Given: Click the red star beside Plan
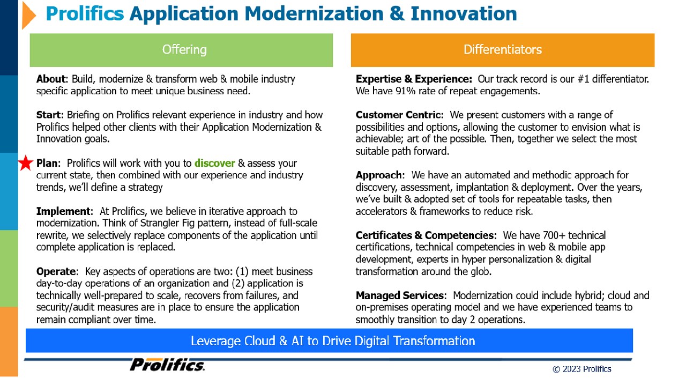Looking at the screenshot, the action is click(26, 164).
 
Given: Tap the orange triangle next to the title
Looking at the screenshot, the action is click(29, 16).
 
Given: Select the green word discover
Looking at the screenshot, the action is click(215, 164).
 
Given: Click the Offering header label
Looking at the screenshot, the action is click(184, 50).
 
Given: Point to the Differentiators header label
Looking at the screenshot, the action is click(503, 50).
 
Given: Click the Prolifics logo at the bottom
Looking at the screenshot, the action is click(167, 365).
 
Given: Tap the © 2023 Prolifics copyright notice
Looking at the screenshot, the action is click(582, 369).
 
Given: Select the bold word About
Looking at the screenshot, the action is click(51, 79).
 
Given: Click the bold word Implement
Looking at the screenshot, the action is click(63, 211).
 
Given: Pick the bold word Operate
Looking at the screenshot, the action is click(56, 271).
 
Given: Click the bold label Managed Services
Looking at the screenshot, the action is click(400, 295).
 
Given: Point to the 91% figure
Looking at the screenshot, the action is click(405, 91).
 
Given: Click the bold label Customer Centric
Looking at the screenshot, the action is click(398, 115).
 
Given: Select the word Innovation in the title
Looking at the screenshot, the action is click(464, 14).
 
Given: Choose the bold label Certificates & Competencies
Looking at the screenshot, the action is click(425, 235).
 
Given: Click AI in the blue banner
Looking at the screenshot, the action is click(297, 341).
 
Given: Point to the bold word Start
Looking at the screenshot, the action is click(49, 115).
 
